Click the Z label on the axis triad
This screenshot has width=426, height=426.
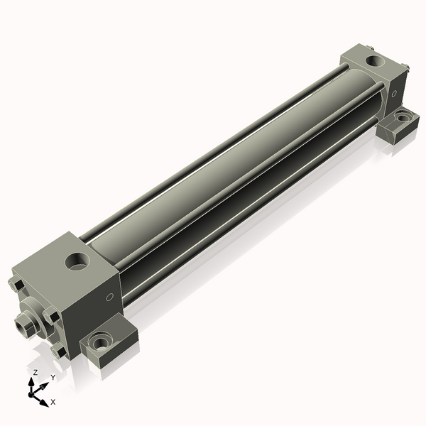coord(35,372)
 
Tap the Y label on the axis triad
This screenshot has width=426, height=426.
coord(53,378)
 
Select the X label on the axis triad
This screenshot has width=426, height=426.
coord(53,402)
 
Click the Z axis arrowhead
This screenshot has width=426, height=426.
coord(31,382)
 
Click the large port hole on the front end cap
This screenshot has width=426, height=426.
coord(77,261)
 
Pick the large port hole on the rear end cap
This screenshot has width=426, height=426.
coord(376,61)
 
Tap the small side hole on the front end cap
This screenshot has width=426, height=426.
coord(109,297)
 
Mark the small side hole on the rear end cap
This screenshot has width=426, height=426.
coord(394,94)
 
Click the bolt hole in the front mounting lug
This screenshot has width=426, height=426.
coord(101,344)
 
